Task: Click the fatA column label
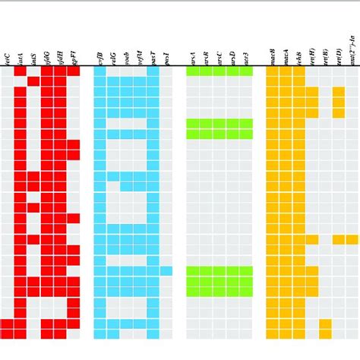click(21, 55)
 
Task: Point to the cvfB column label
click(100, 55)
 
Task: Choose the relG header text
click(113, 55)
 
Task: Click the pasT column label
click(153, 55)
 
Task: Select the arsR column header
click(207, 55)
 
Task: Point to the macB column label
click(273, 55)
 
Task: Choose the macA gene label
click(286, 55)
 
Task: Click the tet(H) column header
click(312, 55)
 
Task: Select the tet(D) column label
click(339, 55)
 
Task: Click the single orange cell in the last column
click(352, 240)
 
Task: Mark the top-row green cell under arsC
click(219, 71)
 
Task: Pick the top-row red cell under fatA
click(21, 71)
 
